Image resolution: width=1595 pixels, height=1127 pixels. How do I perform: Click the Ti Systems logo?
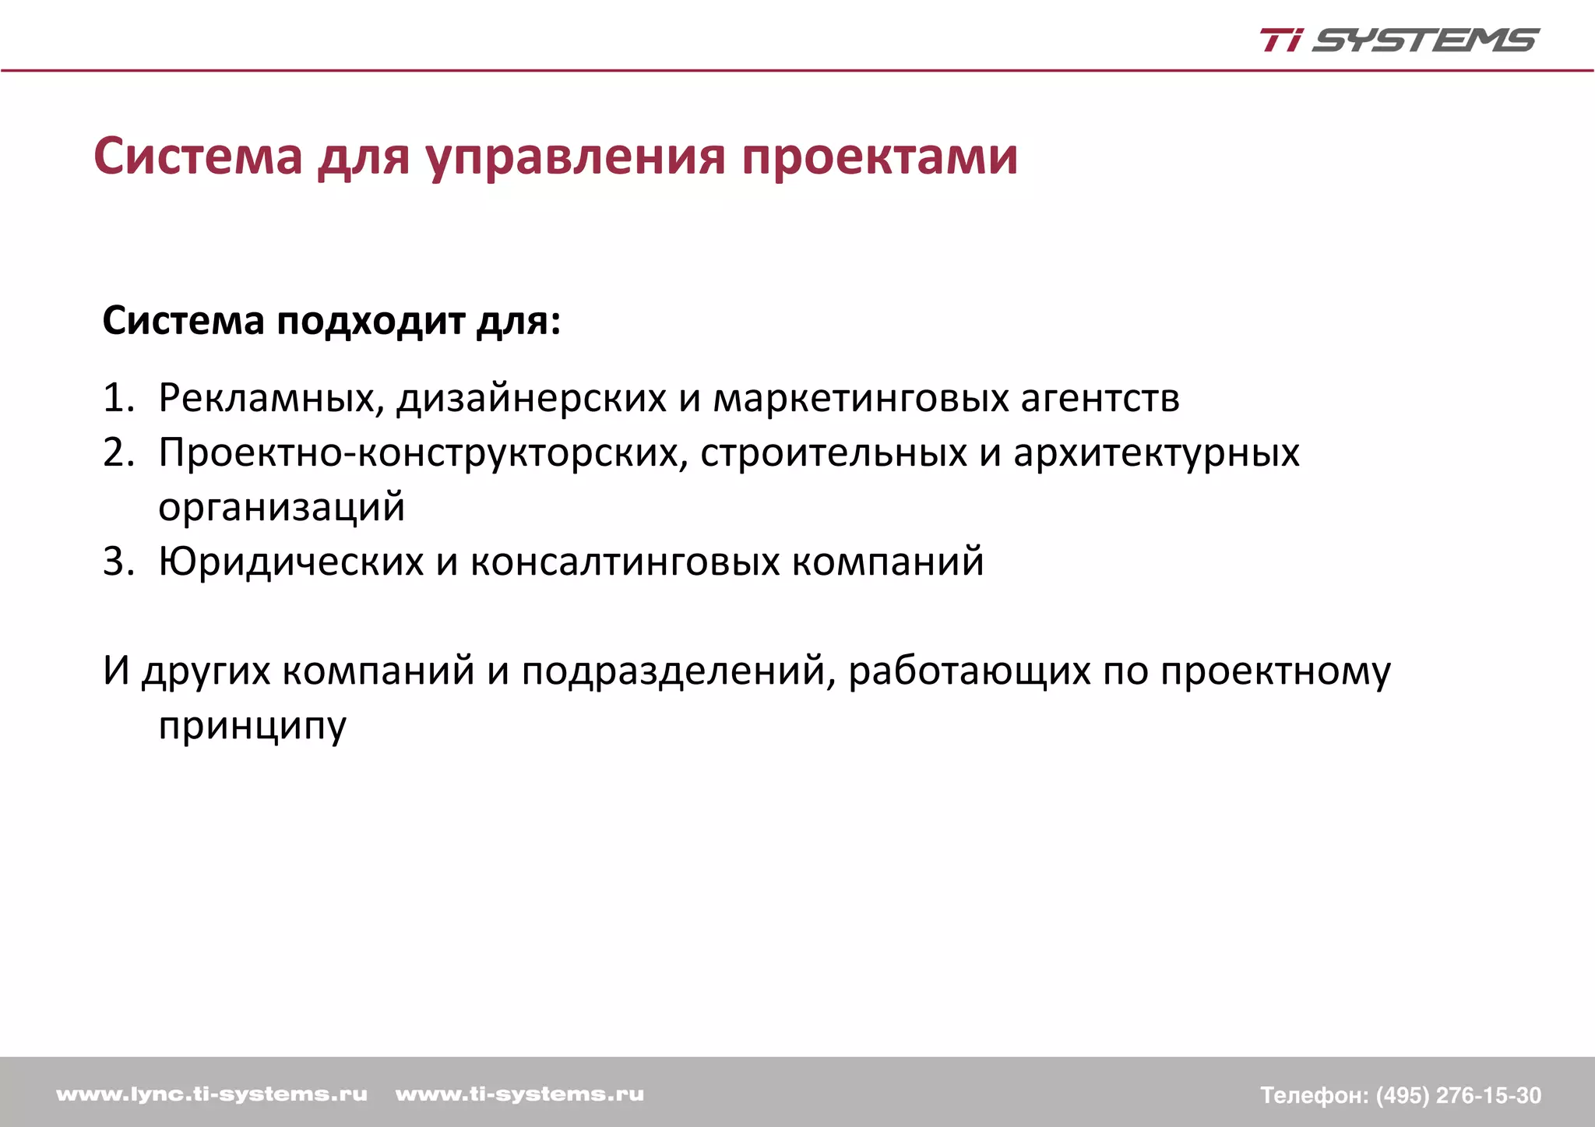click(x=1399, y=40)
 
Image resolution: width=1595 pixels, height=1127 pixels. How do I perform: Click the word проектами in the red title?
click(x=879, y=157)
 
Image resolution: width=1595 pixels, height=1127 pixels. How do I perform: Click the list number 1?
click(x=117, y=398)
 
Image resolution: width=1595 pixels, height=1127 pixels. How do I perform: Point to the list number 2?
click(x=117, y=453)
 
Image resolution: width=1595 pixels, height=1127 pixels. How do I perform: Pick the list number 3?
click(x=117, y=562)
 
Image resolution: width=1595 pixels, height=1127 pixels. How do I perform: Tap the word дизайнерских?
click(x=531, y=399)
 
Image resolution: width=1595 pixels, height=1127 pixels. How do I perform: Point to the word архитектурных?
click(x=1156, y=453)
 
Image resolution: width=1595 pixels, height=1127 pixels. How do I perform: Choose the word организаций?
click(x=281, y=508)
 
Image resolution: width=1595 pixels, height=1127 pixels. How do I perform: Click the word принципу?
click(x=252, y=726)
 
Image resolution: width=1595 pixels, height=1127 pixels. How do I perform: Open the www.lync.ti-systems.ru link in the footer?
click(x=212, y=1094)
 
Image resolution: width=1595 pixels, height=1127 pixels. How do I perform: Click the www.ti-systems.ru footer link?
click(x=519, y=1094)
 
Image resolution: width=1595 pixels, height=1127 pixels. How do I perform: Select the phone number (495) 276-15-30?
click(x=1458, y=1095)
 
